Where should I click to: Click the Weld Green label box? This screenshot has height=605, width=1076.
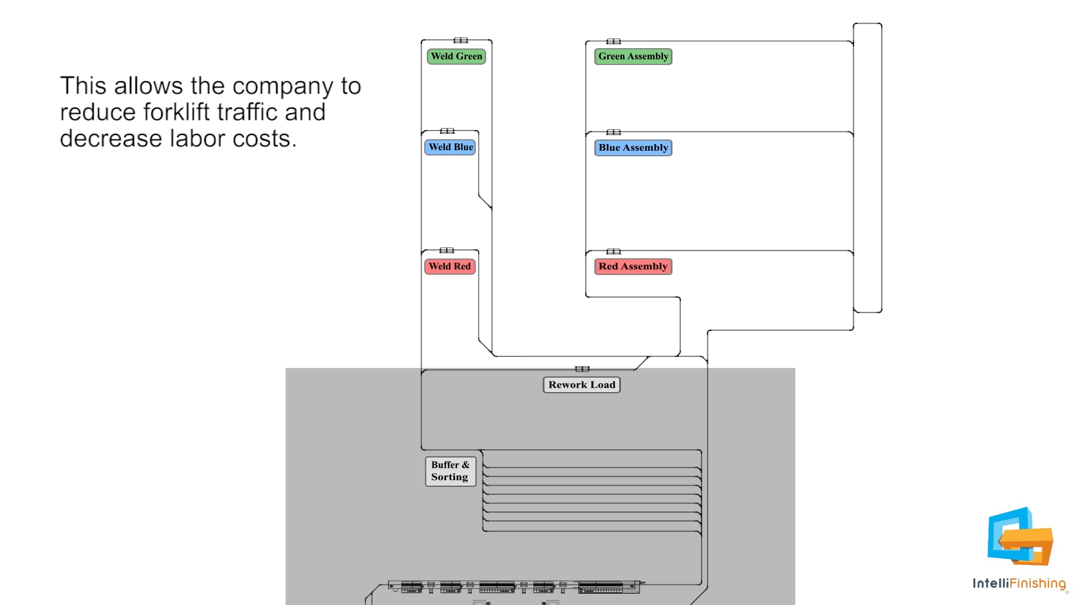(456, 57)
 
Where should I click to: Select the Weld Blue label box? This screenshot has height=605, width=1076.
(450, 147)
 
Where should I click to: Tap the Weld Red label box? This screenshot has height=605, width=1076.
(449, 267)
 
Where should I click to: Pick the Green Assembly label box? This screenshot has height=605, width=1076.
(633, 57)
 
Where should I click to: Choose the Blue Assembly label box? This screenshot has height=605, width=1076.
(633, 148)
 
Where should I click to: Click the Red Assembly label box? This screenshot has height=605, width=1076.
(633, 267)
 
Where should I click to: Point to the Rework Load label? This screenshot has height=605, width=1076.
(582, 385)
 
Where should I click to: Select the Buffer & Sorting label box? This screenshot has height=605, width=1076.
(450, 471)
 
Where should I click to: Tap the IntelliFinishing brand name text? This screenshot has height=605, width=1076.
(1019, 584)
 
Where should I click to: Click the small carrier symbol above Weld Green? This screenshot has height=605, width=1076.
(461, 40)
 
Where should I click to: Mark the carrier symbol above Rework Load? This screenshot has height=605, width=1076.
(582, 369)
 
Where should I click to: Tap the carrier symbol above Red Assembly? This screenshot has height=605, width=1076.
(614, 252)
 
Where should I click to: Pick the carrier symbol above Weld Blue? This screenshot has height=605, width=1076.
(447, 131)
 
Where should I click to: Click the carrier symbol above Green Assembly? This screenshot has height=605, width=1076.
(614, 41)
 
